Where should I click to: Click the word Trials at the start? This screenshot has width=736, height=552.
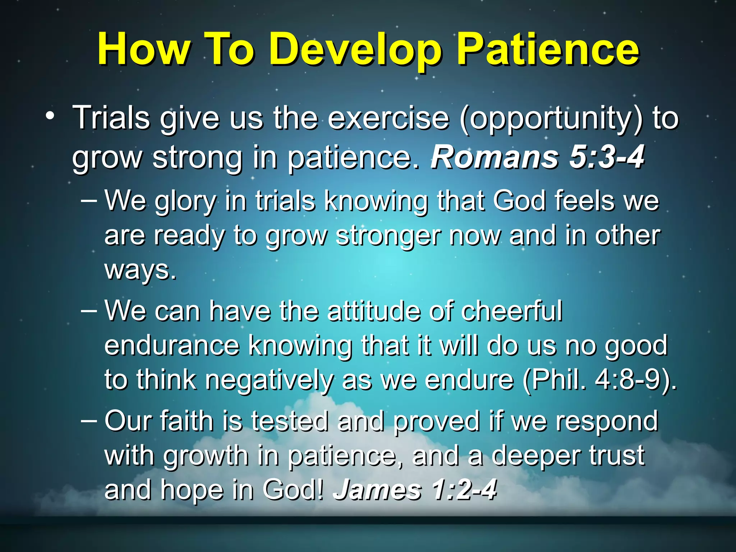tap(111, 118)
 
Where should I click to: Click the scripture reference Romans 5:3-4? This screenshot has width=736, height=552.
tap(538, 157)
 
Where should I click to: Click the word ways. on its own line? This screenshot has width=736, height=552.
tap(140, 270)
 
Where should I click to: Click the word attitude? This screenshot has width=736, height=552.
tap(374, 310)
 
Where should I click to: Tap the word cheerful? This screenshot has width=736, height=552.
tap(512, 310)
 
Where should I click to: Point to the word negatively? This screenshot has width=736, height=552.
tap(269, 381)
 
